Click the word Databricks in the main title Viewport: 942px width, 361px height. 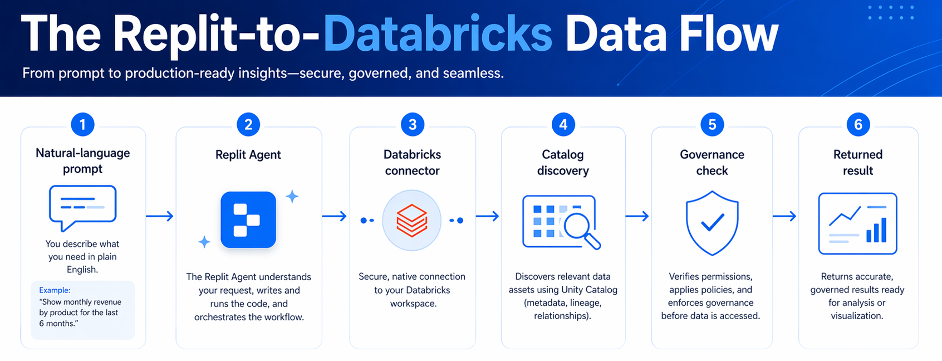click(x=438, y=35)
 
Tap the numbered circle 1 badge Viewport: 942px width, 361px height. click(x=82, y=124)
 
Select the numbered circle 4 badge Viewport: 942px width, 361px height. click(x=563, y=124)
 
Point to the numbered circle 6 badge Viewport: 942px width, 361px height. click(x=858, y=124)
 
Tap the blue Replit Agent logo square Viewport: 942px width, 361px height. click(x=248, y=219)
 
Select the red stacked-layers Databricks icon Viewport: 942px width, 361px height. click(x=412, y=220)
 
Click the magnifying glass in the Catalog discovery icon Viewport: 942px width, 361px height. click(x=580, y=229)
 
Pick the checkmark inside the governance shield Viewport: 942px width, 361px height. click(x=712, y=222)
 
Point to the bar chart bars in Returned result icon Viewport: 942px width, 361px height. click(x=876, y=230)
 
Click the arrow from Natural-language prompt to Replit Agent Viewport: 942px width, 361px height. click(x=160, y=216)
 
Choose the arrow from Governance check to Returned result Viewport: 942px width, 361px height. click(x=784, y=216)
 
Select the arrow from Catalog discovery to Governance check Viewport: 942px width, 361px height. click(x=637, y=216)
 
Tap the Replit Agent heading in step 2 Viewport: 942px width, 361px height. click(x=248, y=154)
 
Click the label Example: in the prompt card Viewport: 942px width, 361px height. click(x=55, y=290)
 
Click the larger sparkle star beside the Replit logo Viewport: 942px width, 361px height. click(x=292, y=196)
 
